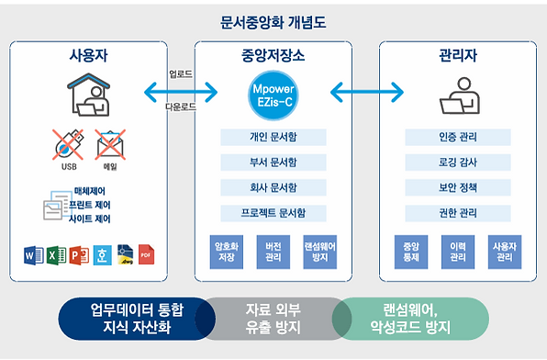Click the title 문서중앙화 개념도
(x=273, y=20)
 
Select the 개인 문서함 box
(x=273, y=138)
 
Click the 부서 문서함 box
(x=273, y=163)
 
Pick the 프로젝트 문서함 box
(x=273, y=213)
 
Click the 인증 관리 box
(x=458, y=138)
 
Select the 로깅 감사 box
(x=458, y=163)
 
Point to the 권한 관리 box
(x=458, y=213)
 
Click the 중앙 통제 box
(x=411, y=253)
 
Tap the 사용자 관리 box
(x=504, y=253)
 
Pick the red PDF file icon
(x=145, y=254)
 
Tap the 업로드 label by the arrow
(x=179, y=73)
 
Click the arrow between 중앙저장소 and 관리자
(x=366, y=92)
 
